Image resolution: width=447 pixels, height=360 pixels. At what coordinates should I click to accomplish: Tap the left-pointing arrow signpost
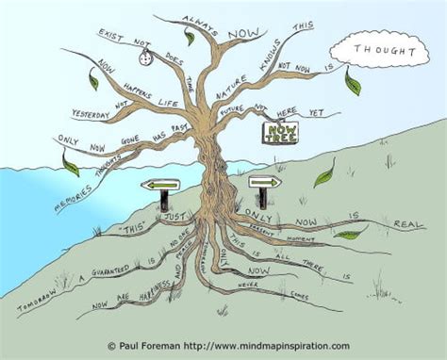pyautogui.click(x=160, y=186)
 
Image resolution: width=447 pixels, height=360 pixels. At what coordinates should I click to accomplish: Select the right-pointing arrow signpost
pyautogui.click(x=265, y=181)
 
